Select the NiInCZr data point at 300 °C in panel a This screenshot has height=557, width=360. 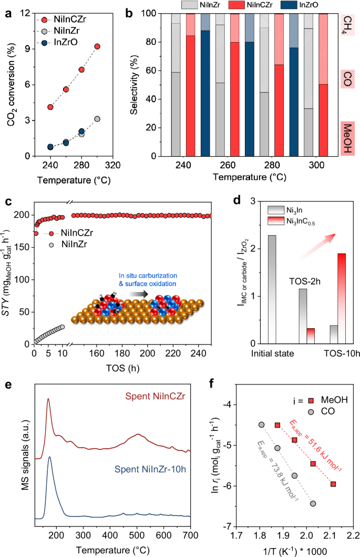coord(97,46)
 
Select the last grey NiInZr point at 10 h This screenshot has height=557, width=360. coord(62,327)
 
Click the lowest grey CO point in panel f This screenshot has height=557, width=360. coord(313,503)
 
